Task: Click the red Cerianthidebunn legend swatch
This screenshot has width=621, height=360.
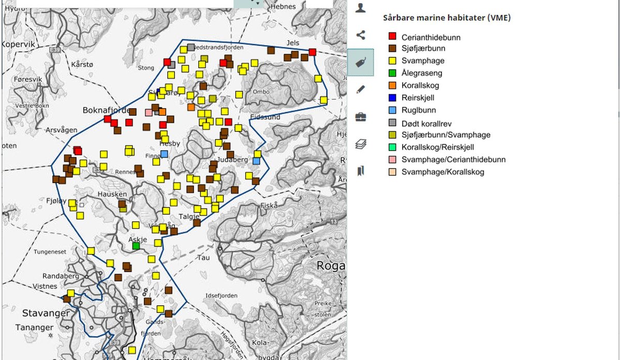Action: click(x=392, y=36)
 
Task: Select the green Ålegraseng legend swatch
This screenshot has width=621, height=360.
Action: click(x=392, y=73)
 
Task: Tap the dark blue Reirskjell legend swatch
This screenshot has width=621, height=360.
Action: click(x=392, y=98)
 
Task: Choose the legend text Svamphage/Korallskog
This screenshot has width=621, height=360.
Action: click(x=442, y=172)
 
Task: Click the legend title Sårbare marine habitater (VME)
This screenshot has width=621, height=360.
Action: click(x=447, y=18)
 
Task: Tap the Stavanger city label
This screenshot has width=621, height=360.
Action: click(x=46, y=313)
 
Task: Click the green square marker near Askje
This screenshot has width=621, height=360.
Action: click(x=136, y=246)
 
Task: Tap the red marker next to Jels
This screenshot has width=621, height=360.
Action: click(x=313, y=52)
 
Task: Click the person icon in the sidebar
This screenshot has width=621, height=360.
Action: click(x=361, y=8)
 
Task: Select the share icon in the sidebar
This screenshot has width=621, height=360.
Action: click(x=361, y=35)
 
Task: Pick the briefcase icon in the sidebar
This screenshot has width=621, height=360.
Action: click(x=361, y=117)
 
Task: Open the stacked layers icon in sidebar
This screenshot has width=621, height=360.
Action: click(x=361, y=144)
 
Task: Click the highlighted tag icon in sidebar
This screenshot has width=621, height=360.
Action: click(x=360, y=63)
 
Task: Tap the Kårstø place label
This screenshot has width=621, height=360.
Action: click(x=83, y=65)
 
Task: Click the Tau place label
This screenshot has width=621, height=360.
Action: click(x=203, y=257)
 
